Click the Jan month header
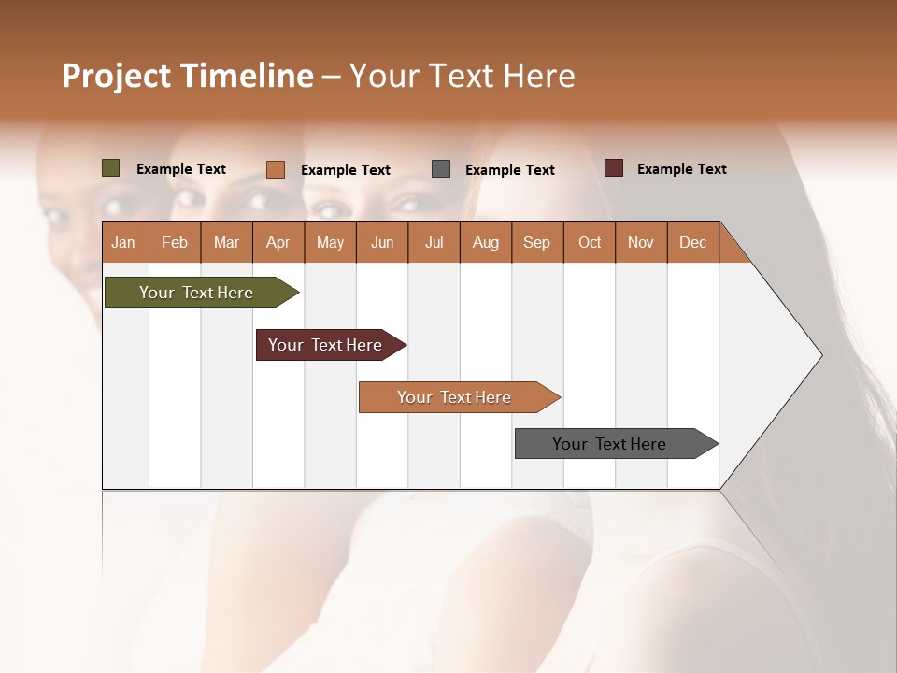[x=124, y=242]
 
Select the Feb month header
[x=175, y=242]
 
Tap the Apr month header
[x=278, y=242]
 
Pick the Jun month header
[x=382, y=242]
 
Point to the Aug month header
[x=486, y=242]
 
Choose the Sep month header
[x=537, y=242]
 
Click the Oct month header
[x=590, y=242]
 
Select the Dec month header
[x=693, y=242]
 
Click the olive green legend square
[x=111, y=168]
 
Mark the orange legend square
[x=276, y=169]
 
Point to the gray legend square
[x=441, y=169]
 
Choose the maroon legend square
[x=614, y=168]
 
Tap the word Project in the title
[x=116, y=76]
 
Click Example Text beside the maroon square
[x=682, y=169]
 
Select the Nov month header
[x=641, y=242]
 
